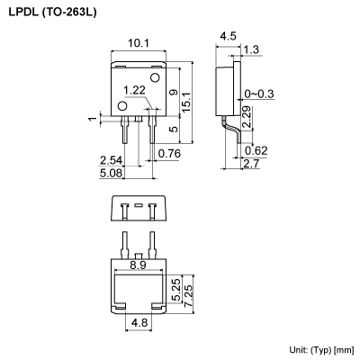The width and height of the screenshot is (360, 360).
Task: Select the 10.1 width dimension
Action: [x=138, y=41]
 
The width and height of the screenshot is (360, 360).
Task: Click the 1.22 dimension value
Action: [x=134, y=90]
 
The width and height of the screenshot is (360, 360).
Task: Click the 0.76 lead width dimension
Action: [x=168, y=153]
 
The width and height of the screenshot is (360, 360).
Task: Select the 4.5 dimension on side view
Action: [x=227, y=37]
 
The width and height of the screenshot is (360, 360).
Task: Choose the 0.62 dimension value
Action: [x=256, y=149]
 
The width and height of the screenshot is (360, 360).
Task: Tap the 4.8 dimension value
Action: [x=139, y=321]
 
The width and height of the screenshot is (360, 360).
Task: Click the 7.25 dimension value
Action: [x=186, y=292]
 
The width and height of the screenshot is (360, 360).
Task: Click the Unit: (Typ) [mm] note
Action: [x=321, y=348]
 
